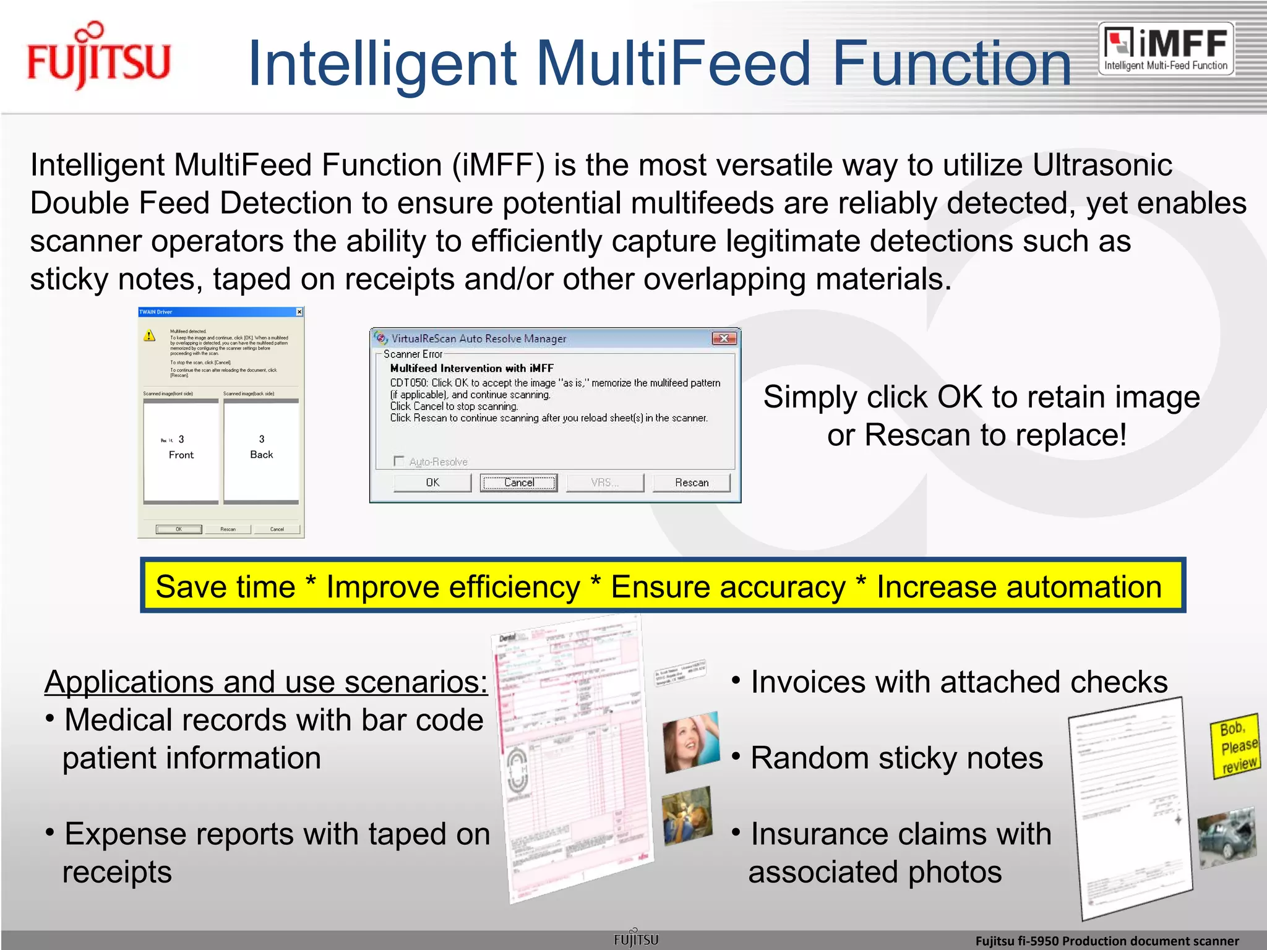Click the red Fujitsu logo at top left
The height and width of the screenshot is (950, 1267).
point(98,57)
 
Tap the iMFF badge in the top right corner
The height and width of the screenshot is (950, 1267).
point(1166,49)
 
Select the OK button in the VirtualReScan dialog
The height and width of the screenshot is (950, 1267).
point(432,482)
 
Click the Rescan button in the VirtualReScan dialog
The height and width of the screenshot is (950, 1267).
point(692,482)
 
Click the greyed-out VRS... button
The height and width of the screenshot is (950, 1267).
point(604,482)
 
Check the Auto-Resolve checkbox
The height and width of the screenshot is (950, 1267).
point(399,461)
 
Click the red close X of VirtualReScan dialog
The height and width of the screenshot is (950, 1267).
point(723,338)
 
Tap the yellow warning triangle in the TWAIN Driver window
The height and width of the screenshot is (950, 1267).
point(150,336)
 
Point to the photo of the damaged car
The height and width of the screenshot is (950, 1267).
point(1227,837)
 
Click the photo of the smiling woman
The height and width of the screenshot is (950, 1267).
point(690,742)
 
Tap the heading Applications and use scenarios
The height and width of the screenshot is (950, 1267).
point(266,682)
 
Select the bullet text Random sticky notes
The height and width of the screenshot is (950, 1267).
point(896,758)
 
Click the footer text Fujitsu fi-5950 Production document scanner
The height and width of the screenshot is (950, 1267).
point(1107,941)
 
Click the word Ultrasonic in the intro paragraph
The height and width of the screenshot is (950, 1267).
point(1102,165)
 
